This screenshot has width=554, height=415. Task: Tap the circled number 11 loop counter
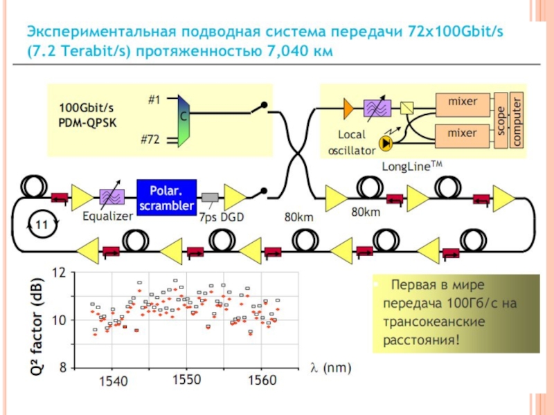(41, 225)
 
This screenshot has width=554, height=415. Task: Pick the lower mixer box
(463, 133)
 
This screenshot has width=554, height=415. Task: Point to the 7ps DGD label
(221, 217)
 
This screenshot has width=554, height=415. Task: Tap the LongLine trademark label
(411, 165)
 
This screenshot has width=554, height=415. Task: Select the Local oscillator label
(351, 142)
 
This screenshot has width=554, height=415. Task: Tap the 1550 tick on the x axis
(187, 380)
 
